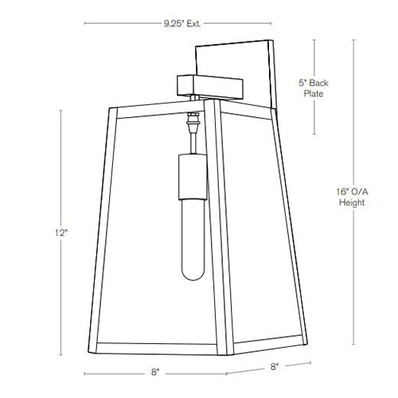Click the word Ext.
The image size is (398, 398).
(x=189, y=24)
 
